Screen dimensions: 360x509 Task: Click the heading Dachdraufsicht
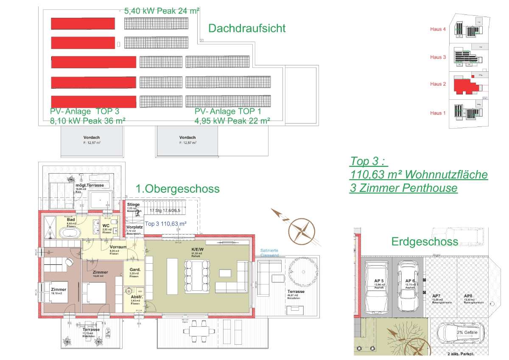[247, 28]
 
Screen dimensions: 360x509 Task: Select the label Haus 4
[438, 29]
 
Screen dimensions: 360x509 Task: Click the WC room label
[106, 225]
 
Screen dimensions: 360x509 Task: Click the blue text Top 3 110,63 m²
[166, 223]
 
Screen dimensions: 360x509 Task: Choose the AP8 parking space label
[468, 296]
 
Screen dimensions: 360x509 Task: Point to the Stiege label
[133, 205]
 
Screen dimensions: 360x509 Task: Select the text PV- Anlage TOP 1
[228, 112]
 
